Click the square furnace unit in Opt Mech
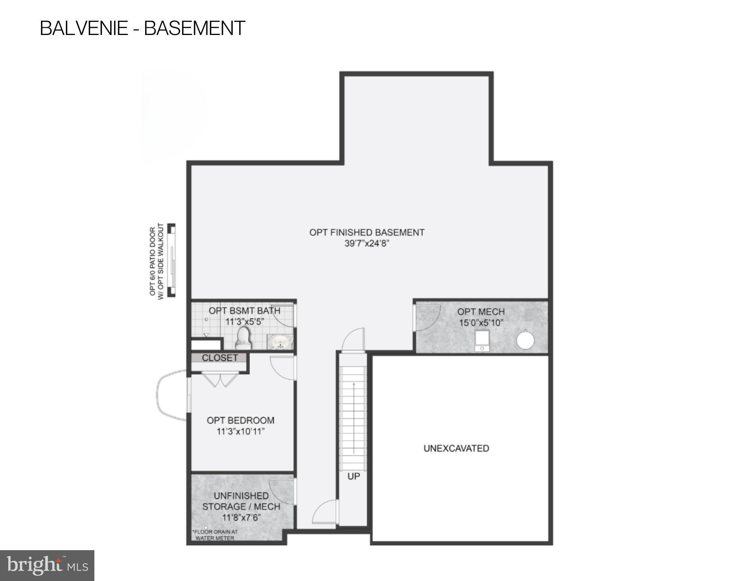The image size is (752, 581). [482, 340]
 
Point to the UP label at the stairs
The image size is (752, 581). [353, 476]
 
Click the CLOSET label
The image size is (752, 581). [220, 358]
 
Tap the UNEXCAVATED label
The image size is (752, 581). [456, 448]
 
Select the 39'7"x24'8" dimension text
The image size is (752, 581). [367, 243]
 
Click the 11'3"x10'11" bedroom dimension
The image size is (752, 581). [241, 431]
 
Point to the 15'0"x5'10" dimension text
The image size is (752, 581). [481, 323]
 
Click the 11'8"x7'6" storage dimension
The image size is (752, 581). [241, 517]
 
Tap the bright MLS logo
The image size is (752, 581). [47, 565]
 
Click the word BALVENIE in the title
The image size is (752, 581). [84, 28]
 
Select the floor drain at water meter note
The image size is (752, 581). [215, 535]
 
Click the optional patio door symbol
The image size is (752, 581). [171, 260]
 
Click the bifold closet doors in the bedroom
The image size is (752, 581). [220, 379]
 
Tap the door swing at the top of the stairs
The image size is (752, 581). [353, 340]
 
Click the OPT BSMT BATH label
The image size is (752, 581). [244, 311]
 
